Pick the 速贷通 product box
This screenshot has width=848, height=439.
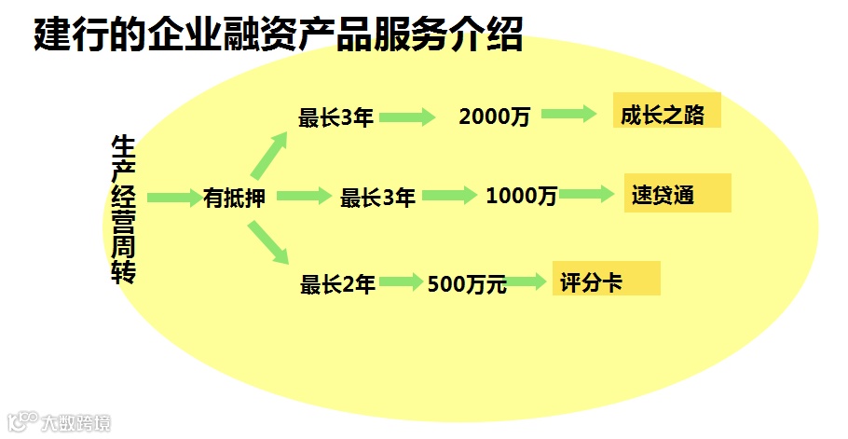pos(677,196)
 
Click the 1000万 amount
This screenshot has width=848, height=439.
pos(521,197)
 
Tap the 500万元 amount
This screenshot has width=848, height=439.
pos(466,284)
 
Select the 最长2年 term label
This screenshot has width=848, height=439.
pos(336,284)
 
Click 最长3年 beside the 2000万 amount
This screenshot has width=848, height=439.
pos(335,117)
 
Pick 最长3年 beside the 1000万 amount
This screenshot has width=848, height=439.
pos(376,198)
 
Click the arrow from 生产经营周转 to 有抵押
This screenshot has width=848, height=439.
pos(173,197)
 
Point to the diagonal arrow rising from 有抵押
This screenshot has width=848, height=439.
pos(271,153)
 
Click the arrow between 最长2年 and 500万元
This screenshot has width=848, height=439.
pos(401,281)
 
